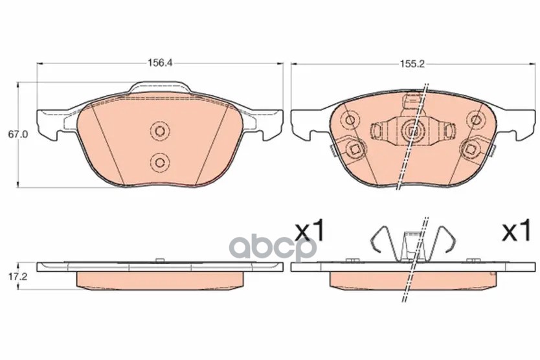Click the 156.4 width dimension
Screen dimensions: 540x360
160,63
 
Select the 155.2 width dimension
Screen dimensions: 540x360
412,63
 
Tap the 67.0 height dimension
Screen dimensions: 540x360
18,135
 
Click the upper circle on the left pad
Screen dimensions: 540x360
160,131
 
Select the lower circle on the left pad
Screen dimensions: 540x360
160,162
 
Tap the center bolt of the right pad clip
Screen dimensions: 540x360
413,131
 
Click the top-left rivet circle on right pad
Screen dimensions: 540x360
350,120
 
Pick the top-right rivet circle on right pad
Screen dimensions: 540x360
476,120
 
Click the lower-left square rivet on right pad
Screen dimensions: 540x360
355,149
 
